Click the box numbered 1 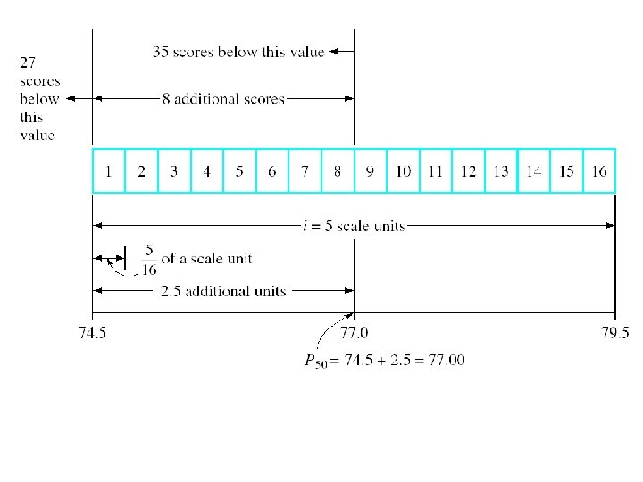click(109, 170)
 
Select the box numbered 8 click(338, 170)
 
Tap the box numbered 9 click(371, 170)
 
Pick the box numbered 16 click(599, 170)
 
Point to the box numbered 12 click(468, 170)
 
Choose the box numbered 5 click(239, 170)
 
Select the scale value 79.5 click(614, 333)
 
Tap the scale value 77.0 click(355, 333)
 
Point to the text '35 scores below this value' click(238, 52)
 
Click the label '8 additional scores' click(223, 98)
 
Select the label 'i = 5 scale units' click(354, 226)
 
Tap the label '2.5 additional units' click(222, 291)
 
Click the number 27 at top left click(29, 62)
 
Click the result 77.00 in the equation click(445, 360)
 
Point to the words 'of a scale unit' click(206, 259)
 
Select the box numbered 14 click(533, 170)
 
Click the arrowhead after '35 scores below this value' click(336, 52)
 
